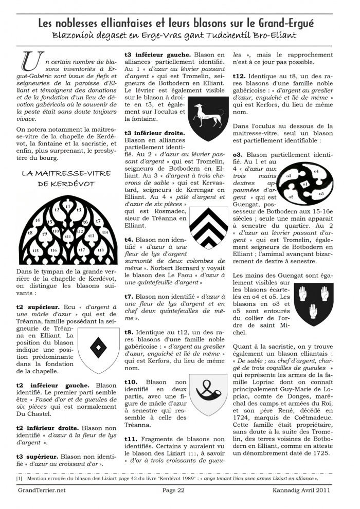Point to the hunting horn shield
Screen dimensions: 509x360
click(x=207, y=393)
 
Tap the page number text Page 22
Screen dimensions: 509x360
click(x=173, y=490)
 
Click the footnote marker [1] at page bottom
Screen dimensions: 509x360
click(x=19, y=478)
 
